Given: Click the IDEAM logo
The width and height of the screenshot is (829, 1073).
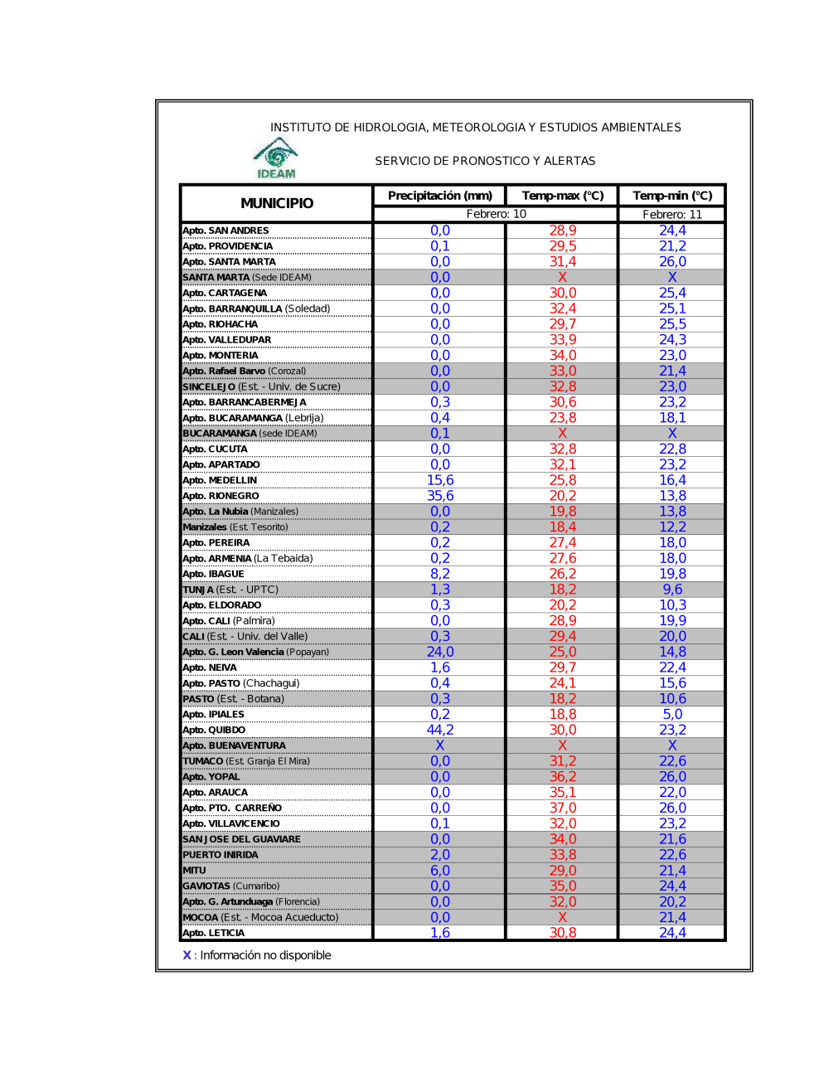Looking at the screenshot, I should pyautogui.click(x=276, y=158).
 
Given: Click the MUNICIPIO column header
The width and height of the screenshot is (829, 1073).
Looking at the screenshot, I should pyautogui.click(x=277, y=203).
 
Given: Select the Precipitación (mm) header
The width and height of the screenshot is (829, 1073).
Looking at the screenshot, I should pyautogui.click(x=439, y=196).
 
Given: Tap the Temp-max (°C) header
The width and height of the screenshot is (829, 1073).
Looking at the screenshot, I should pyautogui.click(x=563, y=196).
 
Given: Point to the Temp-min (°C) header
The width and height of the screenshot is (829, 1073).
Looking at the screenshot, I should pyautogui.click(x=672, y=196).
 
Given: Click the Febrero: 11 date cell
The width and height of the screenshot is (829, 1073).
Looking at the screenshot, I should pyautogui.click(x=672, y=215).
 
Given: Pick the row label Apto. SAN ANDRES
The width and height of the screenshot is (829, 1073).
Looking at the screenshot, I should pyautogui.click(x=225, y=231).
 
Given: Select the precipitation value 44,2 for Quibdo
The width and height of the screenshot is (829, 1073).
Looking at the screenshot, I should pyautogui.click(x=440, y=730).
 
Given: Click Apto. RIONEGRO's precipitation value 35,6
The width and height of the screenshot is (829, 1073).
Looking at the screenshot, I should pyautogui.click(x=440, y=496).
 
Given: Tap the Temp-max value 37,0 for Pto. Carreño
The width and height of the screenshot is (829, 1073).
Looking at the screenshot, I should pyautogui.click(x=563, y=808).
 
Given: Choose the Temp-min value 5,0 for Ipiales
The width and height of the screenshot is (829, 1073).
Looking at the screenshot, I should pyautogui.click(x=672, y=714).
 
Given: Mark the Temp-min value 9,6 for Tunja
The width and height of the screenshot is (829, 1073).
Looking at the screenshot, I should pyautogui.click(x=672, y=590).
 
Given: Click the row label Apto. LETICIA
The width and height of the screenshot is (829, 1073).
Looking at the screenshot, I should pyautogui.click(x=214, y=933).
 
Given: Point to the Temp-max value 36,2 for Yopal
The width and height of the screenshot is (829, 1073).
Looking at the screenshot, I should pyautogui.click(x=563, y=777).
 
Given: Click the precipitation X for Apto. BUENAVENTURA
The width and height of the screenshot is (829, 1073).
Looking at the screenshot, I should pyautogui.click(x=440, y=745).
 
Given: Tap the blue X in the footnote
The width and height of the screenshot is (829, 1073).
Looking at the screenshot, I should pyautogui.click(x=187, y=955).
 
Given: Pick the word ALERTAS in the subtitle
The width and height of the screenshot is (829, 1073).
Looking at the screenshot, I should pyautogui.click(x=570, y=161).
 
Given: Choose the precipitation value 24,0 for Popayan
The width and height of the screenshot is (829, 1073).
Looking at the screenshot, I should pyautogui.click(x=440, y=652).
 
